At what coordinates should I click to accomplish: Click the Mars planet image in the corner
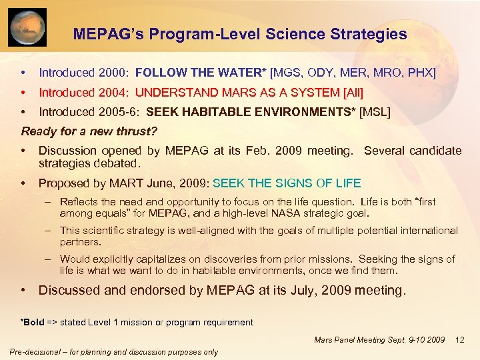pyautogui.click(x=27, y=27)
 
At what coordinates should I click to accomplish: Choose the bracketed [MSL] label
pyautogui.click(x=375, y=113)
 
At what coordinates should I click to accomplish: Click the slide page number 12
pyautogui.click(x=459, y=340)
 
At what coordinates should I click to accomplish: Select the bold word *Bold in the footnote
pyautogui.click(x=32, y=322)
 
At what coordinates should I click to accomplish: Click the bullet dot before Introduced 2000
pyautogui.click(x=24, y=72)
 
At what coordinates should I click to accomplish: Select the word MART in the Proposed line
pyautogui.click(x=109, y=183)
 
